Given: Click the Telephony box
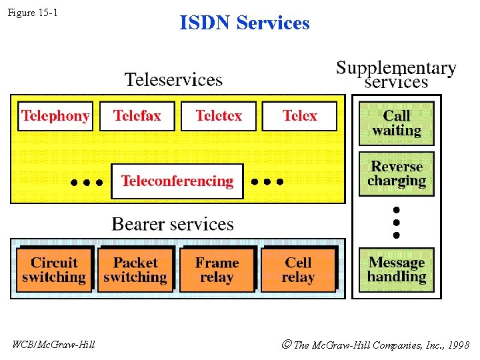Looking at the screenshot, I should tap(55, 116).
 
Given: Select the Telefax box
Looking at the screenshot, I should tap(137, 116).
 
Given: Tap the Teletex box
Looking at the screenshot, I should tap(219, 116).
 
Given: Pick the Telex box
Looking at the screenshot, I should tap(299, 116).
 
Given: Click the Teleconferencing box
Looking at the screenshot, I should tap(177, 181).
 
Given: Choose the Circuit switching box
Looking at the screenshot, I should tap(54, 270).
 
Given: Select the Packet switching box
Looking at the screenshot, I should tap(135, 270).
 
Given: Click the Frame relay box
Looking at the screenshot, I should tap(217, 270).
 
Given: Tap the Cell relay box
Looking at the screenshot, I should tap(298, 270).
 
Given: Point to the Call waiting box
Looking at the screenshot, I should tap(397, 123).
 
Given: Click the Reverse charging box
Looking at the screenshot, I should tap(397, 174).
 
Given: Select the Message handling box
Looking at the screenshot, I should tap(397, 270).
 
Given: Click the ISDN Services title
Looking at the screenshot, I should tap(245, 23).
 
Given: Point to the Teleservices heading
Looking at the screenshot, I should tap(173, 80).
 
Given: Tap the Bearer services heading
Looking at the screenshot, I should tap(173, 224).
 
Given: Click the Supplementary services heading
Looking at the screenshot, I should tap(396, 75).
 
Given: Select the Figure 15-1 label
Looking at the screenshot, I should tap(33, 12).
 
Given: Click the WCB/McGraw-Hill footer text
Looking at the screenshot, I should tap(54, 345).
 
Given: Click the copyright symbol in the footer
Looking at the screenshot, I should tap(286, 345).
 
